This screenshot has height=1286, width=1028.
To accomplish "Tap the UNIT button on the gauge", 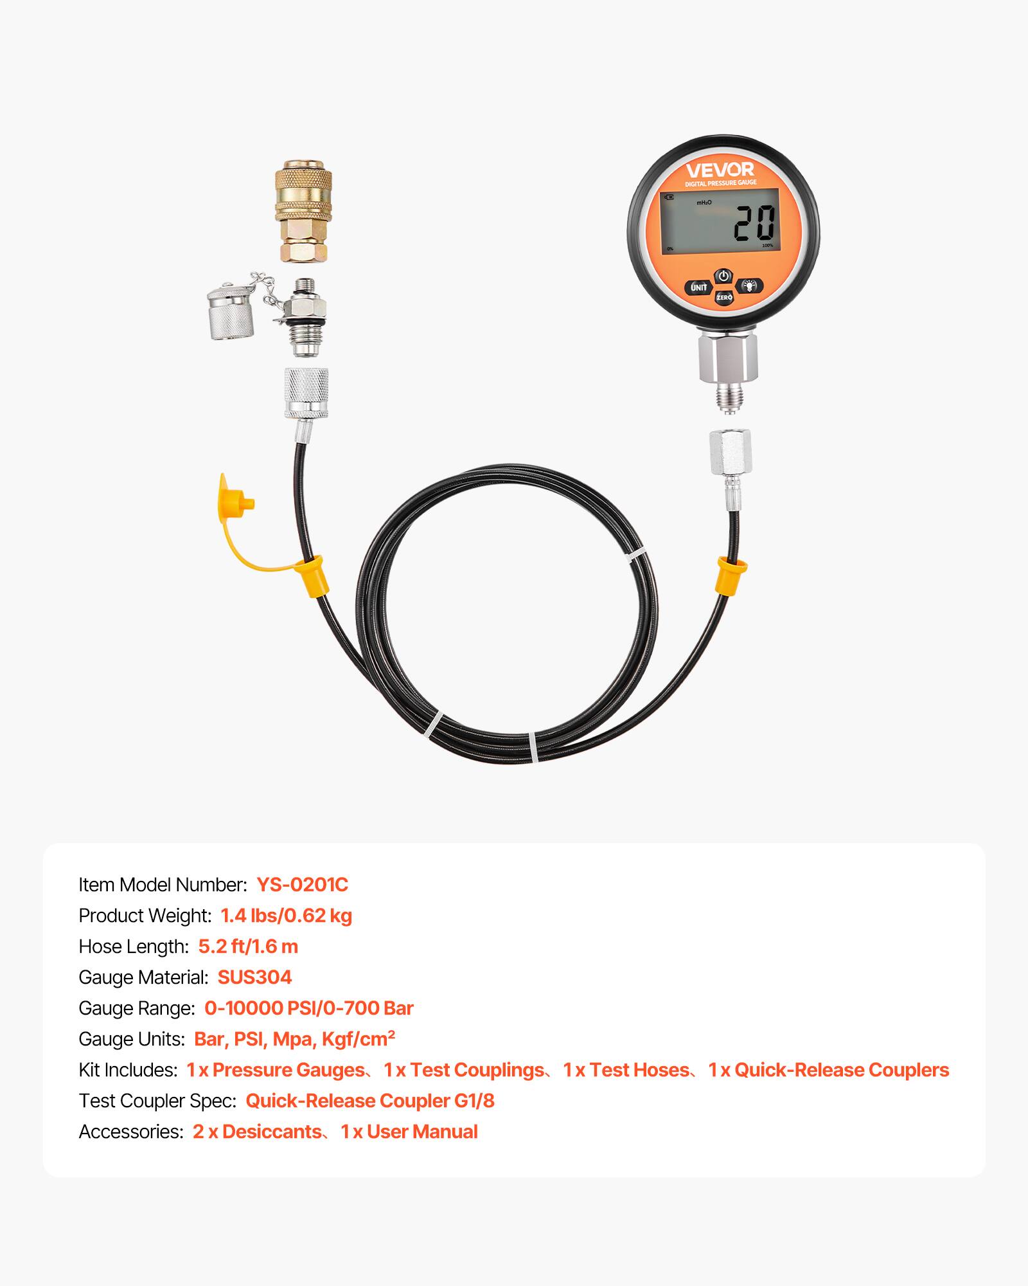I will tap(699, 287).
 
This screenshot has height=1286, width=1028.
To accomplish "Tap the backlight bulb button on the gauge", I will tap(749, 285).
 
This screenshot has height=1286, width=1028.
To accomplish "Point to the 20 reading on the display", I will tap(754, 224).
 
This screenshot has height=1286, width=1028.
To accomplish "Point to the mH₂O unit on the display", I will tap(704, 203).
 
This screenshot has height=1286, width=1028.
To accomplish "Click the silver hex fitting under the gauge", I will tap(728, 358).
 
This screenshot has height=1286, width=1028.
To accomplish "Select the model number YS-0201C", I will tap(302, 885).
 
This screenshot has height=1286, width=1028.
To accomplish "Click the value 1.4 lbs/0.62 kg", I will tap(286, 916).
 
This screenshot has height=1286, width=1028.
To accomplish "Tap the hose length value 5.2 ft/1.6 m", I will tap(248, 946).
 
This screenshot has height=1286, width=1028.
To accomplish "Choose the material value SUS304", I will tap(254, 977).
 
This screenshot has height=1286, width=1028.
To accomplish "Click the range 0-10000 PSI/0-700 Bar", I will tap(308, 1008).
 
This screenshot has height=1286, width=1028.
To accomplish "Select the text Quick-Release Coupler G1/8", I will tap(370, 1101).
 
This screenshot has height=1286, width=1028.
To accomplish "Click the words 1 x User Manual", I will tap(409, 1132).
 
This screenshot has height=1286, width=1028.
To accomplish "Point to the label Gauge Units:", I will tap(132, 1039).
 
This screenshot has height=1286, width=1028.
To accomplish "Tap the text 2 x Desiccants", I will tap(257, 1132).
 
